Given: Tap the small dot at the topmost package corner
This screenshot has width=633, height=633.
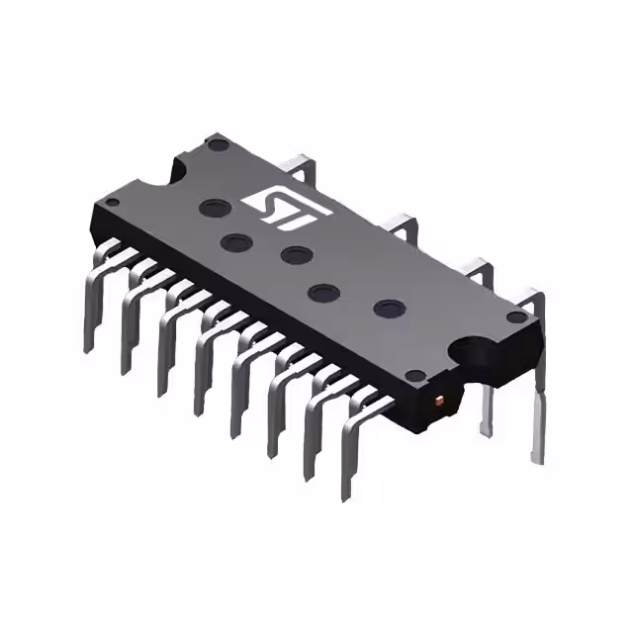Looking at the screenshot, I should tap(217, 144).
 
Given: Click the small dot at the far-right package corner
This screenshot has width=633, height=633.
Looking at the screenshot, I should tap(514, 317).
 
